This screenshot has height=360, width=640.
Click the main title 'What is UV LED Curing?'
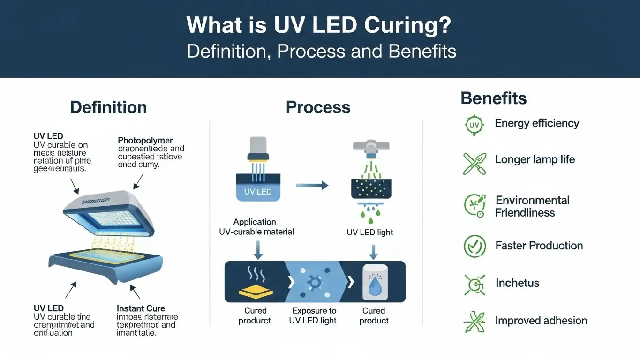(x=319, y=25)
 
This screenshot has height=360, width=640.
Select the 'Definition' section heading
(x=108, y=107)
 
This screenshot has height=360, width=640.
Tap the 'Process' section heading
(x=318, y=107)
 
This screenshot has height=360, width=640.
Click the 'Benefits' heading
(x=493, y=98)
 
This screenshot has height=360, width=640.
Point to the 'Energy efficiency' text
(x=537, y=123)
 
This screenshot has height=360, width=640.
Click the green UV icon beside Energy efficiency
(x=474, y=125)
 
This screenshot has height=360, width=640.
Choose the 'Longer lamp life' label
(x=535, y=159)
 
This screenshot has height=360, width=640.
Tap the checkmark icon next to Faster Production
(x=474, y=246)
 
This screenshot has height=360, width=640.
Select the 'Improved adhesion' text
(x=541, y=321)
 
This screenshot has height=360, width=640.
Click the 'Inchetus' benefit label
(x=517, y=283)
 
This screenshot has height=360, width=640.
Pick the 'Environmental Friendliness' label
(x=532, y=206)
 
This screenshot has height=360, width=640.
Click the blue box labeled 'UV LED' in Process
(x=257, y=192)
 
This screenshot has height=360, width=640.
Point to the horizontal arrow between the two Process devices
(x=312, y=186)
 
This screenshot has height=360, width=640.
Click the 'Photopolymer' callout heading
(x=145, y=140)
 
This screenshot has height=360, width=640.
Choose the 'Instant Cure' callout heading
(x=141, y=308)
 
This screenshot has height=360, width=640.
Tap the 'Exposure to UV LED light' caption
(x=314, y=315)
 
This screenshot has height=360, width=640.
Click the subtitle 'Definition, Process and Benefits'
(x=321, y=51)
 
